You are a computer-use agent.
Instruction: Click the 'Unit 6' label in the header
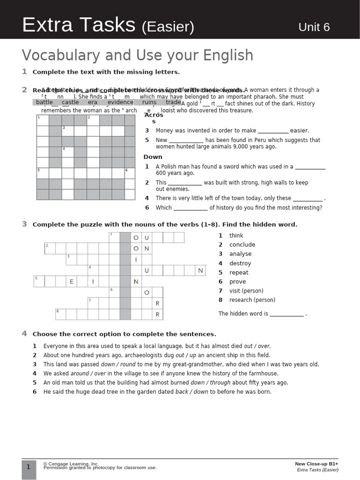(314, 27)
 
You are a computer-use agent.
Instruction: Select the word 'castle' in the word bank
(70, 102)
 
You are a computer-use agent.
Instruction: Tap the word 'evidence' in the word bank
(120, 102)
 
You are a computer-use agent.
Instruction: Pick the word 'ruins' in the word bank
(150, 102)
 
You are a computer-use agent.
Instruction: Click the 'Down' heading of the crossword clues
(153, 157)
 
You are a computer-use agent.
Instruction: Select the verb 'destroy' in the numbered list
(240, 263)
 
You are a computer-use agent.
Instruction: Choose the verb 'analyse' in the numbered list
(240, 254)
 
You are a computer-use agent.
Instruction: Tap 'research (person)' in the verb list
(252, 300)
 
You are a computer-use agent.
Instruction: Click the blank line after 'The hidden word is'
(286, 314)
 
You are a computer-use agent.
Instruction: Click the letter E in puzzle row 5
(71, 282)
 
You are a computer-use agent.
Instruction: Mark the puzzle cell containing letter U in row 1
(146, 238)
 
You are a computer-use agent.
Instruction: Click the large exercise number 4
(24, 334)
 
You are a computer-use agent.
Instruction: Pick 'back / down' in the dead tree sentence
(191, 392)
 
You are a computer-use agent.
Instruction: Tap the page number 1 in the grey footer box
(29, 467)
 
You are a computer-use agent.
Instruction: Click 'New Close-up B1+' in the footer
(316, 464)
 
